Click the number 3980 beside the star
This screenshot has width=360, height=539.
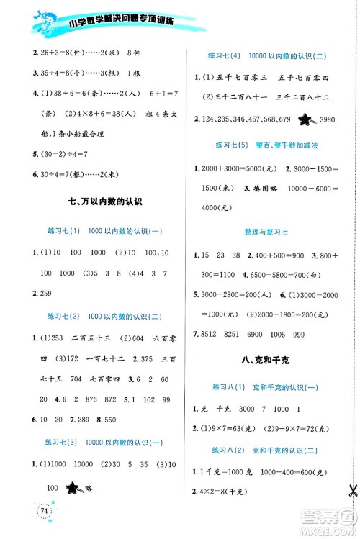[327, 119]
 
